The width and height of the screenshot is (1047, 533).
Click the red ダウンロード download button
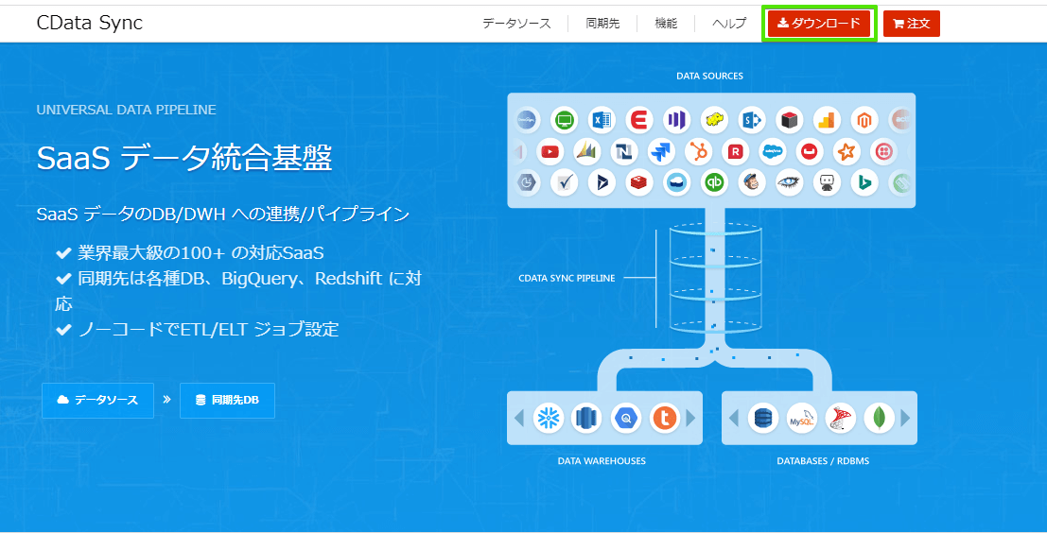[819, 24]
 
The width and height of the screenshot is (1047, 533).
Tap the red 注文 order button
[912, 24]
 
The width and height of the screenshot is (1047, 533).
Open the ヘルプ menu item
[729, 24]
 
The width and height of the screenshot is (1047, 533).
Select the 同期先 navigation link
[602, 24]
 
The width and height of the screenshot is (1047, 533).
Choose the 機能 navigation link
[666, 24]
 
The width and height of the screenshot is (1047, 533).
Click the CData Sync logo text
[90, 24]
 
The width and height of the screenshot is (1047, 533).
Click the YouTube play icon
[550, 152]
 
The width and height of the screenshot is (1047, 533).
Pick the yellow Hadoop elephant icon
[714, 120]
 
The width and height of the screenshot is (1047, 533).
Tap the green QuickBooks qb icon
[715, 182]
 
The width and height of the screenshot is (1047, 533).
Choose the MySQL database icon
[801, 419]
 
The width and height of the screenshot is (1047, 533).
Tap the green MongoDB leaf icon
[879, 419]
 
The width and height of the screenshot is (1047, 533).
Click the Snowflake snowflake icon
[549, 419]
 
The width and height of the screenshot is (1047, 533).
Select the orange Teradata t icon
[664, 419]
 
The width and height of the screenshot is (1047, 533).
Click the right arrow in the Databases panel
[905, 419]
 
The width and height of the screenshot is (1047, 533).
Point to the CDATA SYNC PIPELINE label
[567, 278]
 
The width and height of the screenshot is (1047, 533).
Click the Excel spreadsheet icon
[601, 120]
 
